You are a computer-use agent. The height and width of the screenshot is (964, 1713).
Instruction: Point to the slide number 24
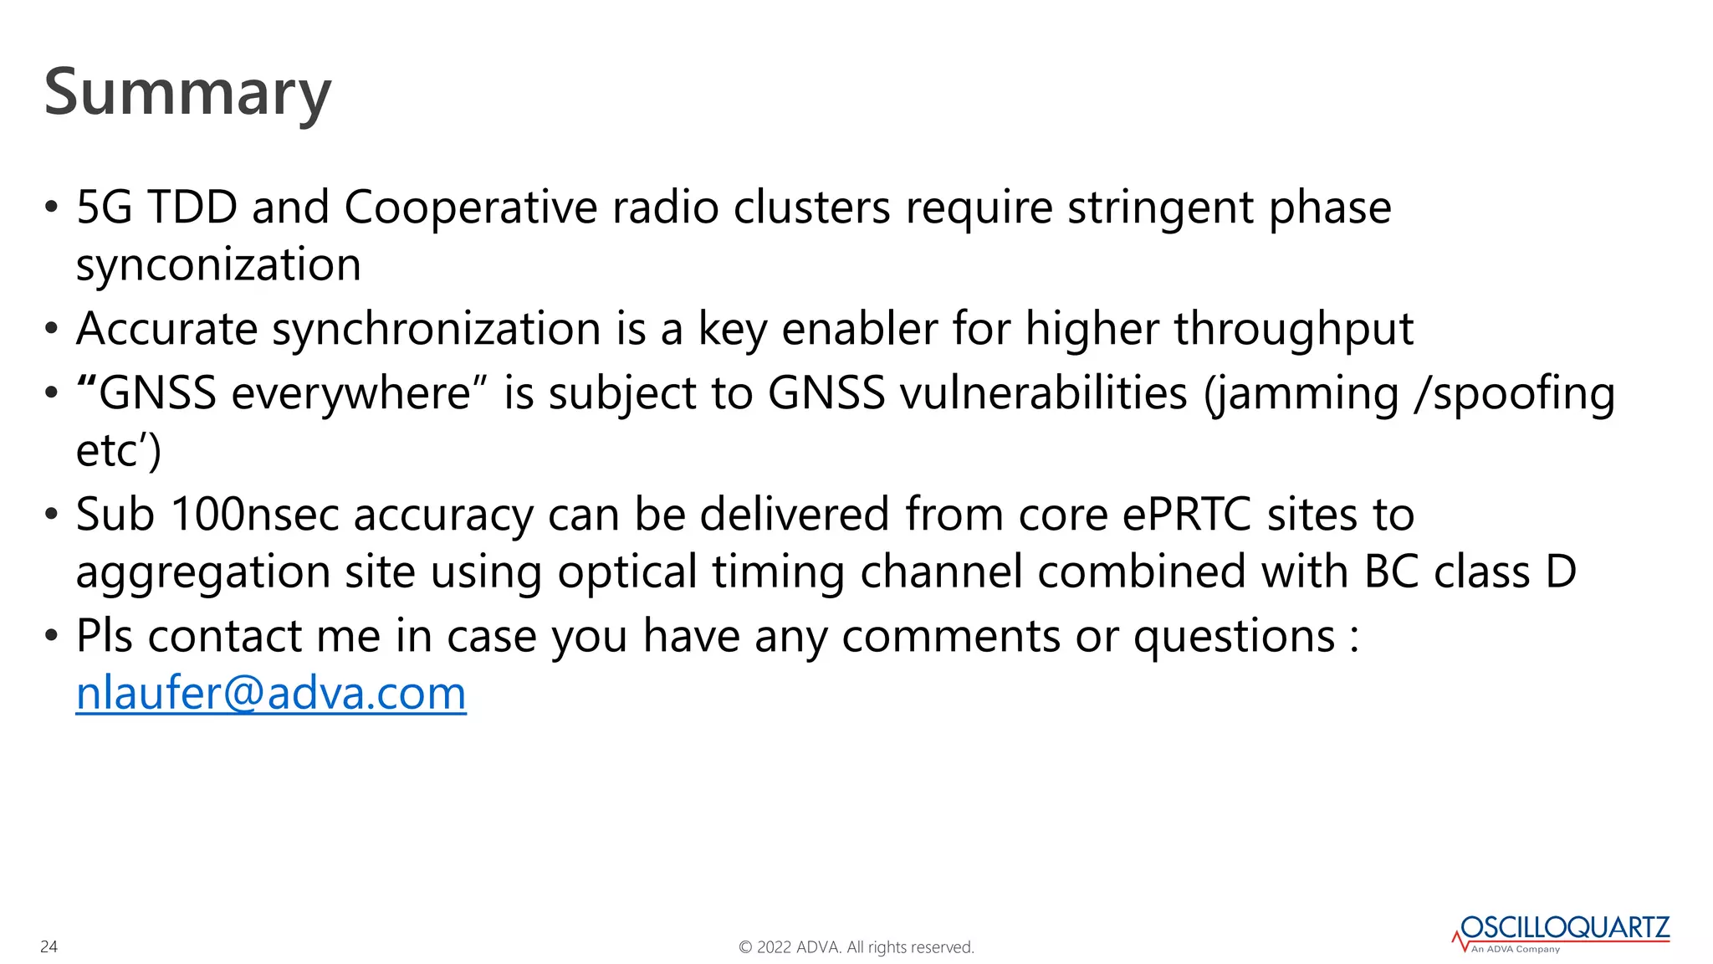click(49, 946)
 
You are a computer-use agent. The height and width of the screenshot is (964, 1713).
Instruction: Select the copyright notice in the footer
click(856, 947)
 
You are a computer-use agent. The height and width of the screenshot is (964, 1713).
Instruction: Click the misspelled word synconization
click(218, 265)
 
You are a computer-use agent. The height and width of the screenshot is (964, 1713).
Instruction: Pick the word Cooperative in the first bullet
click(470, 208)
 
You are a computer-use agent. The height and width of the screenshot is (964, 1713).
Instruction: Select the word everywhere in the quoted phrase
click(351, 393)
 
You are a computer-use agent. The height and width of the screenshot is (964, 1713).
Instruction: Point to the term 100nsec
click(254, 514)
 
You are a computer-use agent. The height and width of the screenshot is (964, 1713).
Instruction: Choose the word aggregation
click(203, 573)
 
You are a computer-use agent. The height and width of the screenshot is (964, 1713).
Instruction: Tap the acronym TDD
click(192, 208)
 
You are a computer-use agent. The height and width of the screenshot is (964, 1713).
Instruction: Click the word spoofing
click(1524, 393)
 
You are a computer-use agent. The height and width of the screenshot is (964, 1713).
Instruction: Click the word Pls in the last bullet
click(105, 636)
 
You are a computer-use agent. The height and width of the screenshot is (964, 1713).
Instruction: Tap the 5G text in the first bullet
click(104, 208)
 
